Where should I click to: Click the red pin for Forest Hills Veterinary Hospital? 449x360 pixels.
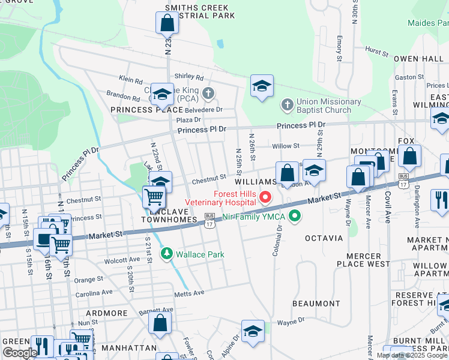pos(264,196)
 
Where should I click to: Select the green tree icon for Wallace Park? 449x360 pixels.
pos(166,254)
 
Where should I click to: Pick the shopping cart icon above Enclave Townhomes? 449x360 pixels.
pos(154,196)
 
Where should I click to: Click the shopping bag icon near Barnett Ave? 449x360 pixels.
pos(160,322)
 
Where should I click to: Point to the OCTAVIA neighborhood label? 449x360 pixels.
pos(324,238)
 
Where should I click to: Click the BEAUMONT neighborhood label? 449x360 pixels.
pos(316,304)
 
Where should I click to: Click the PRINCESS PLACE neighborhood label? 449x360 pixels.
pos(146,110)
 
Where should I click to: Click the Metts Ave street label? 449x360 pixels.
pos(190,293)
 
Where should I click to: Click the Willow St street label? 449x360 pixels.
pos(285,146)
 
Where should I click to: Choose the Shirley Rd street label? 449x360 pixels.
pos(188,77)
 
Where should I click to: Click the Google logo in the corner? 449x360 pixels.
pos(20,353)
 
